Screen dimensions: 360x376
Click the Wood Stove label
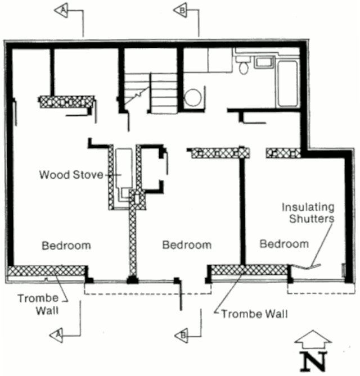coord(71,175)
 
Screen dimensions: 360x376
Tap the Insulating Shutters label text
coord(308,213)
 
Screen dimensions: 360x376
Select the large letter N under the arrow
coord(314,361)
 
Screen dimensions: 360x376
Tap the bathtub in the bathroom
coord(288,83)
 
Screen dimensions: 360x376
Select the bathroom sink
coord(264,62)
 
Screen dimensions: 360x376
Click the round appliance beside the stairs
coord(193,98)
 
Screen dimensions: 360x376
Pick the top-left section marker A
coord(61,10)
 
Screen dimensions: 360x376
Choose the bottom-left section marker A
coord(56,335)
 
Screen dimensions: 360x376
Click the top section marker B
coord(180,10)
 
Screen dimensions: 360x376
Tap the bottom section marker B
coord(181,336)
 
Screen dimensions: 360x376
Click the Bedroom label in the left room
coord(66,246)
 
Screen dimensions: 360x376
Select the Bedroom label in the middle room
coord(187,245)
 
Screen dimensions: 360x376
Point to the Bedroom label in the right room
coord(285,244)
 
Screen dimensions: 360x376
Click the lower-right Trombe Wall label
coord(255,314)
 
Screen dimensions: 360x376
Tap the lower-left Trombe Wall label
coord(38,304)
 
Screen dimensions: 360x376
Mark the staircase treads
coord(151,93)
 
